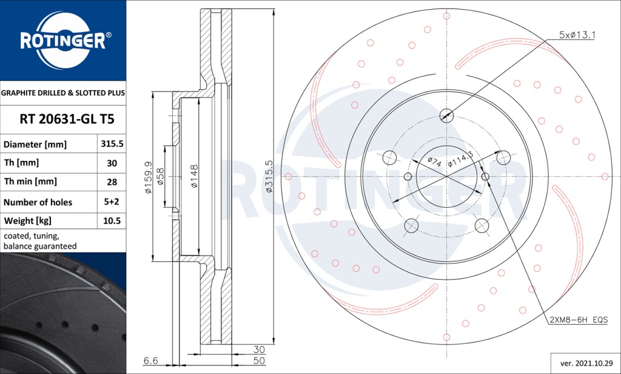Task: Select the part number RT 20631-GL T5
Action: (67, 120)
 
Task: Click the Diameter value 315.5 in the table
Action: (112, 144)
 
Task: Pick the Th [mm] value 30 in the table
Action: (112, 163)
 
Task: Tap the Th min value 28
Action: (112, 182)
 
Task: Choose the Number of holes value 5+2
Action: (112, 202)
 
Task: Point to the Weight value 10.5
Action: (112, 221)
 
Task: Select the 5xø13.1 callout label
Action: (577, 35)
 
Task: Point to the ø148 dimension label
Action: (194, 176)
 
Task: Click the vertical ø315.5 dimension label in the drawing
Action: (269, 177)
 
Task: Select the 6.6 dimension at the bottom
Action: (152, 361)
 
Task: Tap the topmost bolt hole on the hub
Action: (446, 114)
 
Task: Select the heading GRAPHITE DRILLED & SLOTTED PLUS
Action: (63, 93)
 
